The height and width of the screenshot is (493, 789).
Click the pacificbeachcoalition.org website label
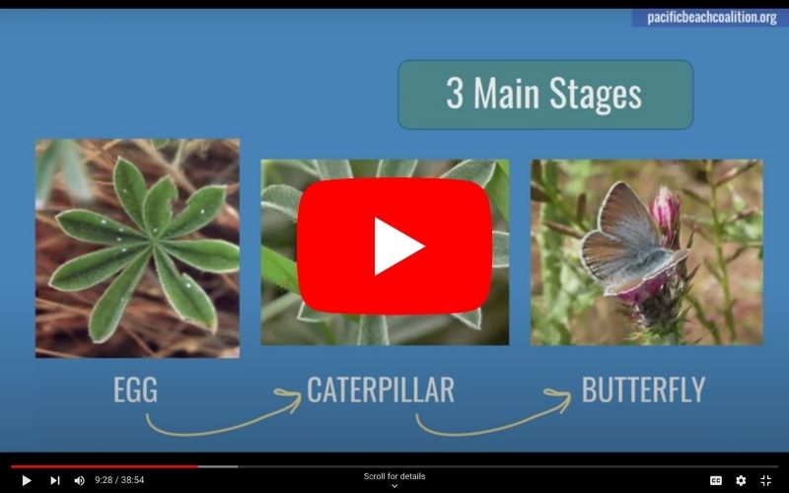711,18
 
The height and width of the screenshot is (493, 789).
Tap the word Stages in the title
596,93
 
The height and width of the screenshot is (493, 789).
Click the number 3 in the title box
455,93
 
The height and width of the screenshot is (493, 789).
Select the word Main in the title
506,93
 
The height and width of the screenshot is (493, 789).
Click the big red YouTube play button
394,246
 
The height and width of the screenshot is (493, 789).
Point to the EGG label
135,389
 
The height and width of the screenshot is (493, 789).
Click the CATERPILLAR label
381,389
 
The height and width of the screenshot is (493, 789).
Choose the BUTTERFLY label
643,389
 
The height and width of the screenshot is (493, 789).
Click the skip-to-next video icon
55,480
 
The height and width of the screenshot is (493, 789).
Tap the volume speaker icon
79,480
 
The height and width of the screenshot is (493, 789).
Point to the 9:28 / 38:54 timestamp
119,480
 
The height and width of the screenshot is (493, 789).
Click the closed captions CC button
716,480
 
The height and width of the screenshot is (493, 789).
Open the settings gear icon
741,480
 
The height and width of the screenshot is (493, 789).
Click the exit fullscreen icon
766,480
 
